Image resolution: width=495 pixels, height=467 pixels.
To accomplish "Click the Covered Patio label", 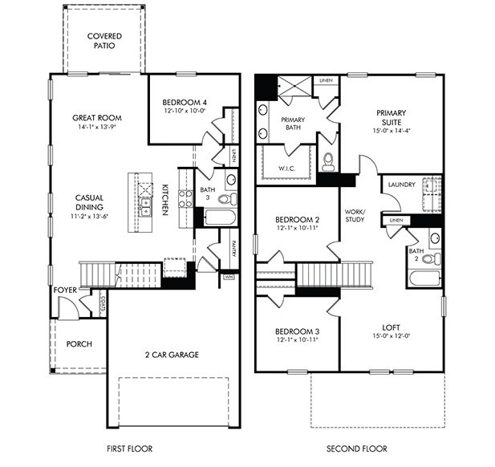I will (104, 41).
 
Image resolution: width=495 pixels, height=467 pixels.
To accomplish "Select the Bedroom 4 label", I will (185, 103).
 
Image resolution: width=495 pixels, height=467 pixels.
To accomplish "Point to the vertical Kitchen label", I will (164, 198).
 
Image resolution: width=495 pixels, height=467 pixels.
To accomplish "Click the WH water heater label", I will (228, 277).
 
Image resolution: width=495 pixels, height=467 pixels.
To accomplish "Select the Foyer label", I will (65, 290).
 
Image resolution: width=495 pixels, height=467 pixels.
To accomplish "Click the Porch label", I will (79, 344).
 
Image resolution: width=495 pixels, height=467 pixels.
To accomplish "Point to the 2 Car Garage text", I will (172, 354).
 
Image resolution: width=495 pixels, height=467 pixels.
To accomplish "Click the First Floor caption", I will (129, 448).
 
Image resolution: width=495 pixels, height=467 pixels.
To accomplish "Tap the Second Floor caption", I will (357, 448).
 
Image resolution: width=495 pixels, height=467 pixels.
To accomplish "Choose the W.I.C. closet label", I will (289, 168).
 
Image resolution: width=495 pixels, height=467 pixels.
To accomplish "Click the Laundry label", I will (400, 185).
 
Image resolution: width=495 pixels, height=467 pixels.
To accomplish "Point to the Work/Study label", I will (355, 214).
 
